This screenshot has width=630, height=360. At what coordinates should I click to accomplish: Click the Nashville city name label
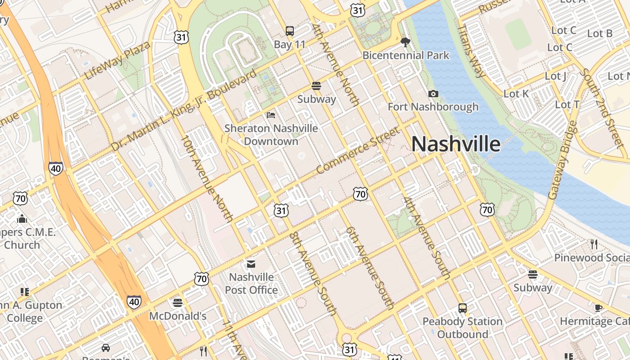coord(455,144)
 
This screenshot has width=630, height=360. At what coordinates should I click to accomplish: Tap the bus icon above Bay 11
coord(290,31)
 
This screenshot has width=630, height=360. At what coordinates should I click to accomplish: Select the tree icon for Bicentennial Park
coord(405,42)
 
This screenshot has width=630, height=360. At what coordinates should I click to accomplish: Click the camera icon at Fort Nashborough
coord(433,94)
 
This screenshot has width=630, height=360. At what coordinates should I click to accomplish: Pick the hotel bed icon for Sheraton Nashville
coord(271,115)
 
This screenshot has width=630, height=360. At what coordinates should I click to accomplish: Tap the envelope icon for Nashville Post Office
coord(251,264)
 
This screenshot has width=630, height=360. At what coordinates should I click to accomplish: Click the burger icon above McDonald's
coord(178,302)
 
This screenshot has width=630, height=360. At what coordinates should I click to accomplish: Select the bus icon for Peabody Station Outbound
coord(463,308)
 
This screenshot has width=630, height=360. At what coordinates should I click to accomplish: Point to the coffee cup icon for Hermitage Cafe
coord(598,308)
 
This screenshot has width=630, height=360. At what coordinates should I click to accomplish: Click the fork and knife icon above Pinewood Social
coord(594,244)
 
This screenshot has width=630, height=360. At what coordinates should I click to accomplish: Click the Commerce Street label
coord(358,150)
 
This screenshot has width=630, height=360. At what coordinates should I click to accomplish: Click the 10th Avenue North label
coord(207,178)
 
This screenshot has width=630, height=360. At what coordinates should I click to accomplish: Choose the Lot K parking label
coord(516,94)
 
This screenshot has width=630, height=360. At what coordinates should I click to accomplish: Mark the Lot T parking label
coord(567,104)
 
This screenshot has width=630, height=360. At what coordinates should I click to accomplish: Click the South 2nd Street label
coord(602,108)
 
